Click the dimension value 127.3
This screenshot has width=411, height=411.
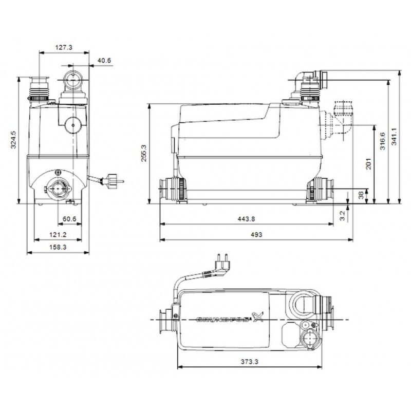pos(64,47)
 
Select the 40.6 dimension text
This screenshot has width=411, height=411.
pos(104,61)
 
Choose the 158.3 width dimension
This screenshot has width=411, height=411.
pos(58,247)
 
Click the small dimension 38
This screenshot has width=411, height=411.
pos(361,195)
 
